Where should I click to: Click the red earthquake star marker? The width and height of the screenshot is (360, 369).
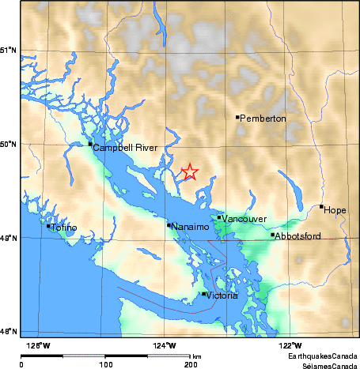point(189,171)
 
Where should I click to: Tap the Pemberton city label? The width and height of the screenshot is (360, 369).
point(263,119)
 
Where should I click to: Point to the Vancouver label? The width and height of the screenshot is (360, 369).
point(244,219)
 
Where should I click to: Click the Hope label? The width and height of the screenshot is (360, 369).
point(335,210)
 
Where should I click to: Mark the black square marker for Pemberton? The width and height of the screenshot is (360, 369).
point(237,117)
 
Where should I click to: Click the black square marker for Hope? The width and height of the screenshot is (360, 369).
point(321,207)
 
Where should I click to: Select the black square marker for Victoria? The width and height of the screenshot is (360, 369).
point(203,294)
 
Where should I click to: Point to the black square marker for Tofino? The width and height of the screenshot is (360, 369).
point(48,226)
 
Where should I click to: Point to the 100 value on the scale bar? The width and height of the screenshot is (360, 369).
point(105,364)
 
